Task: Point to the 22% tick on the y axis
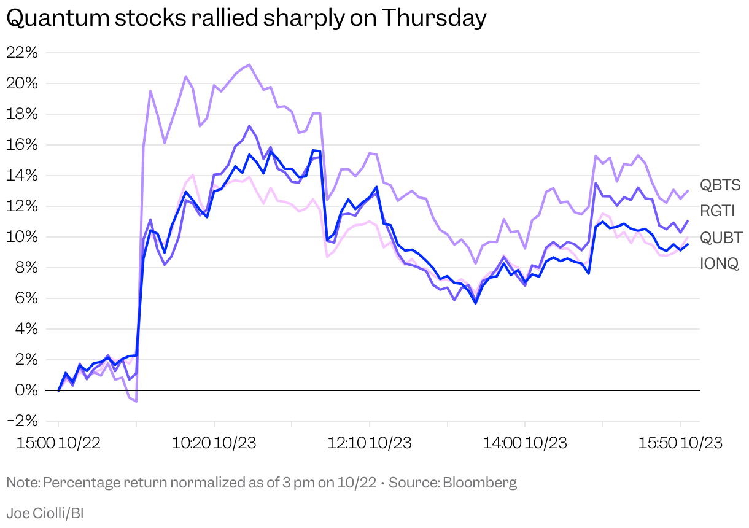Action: click(x=22, y=53)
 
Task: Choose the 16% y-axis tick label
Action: click(x=22, y=145)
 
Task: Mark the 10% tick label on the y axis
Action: click(x=22, y=237)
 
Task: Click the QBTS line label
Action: click(x=720, y=185)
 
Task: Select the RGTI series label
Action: click(x=718, y=211)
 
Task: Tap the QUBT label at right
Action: click(x=721, y=238)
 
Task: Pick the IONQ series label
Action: click(x=720, y=264)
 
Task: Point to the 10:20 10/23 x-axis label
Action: click(x=214, y=442)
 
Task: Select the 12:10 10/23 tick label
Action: click(x=369, y=442)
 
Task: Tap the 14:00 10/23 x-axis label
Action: click(x=524, y=442)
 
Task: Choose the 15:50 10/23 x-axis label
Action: click(x=680, y=442)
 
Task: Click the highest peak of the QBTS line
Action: click(x=249, y=64)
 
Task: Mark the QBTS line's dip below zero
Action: click(x=136, y=401)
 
